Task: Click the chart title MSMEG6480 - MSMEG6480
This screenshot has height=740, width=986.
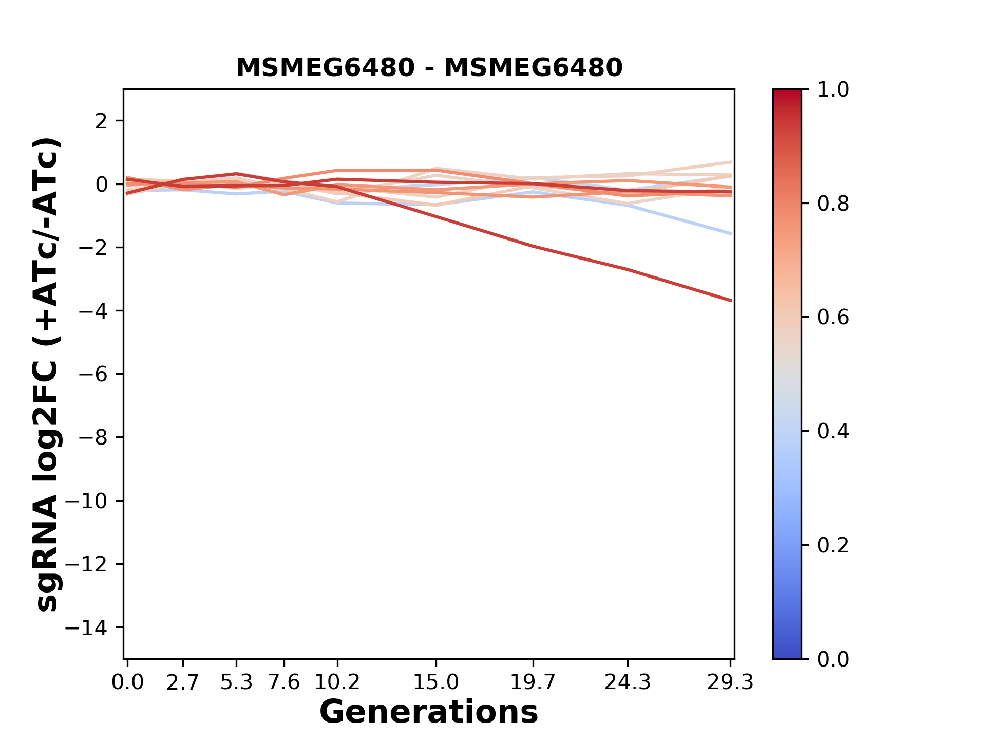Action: tap(429, 68)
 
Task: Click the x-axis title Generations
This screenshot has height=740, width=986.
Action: tap(429, 712)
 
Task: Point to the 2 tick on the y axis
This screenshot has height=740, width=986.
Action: tap(101, 121)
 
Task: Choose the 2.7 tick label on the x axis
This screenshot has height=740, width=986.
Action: tap(183, 682)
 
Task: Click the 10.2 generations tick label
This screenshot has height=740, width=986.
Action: tap(337, 682)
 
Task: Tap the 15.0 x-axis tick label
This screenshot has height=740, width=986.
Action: tap(436, 682)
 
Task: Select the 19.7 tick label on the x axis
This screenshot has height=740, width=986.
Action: tap(533, 682)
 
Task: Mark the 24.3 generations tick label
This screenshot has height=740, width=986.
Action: tap(628, 682)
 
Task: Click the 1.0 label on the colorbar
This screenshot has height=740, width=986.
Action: tap(833, 90)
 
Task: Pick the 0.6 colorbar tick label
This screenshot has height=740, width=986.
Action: tap(833, 318)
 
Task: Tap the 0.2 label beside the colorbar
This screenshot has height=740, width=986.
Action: tap(833, 545)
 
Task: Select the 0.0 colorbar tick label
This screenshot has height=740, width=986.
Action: tap(833, 659)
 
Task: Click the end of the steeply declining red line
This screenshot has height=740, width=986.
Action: tap(731, 301)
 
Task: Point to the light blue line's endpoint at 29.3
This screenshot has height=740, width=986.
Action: tap(731, 234)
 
